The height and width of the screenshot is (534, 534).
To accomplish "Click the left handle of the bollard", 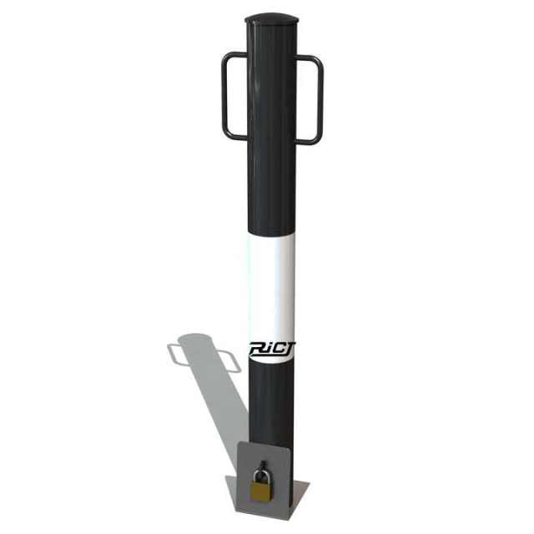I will coord(225,96).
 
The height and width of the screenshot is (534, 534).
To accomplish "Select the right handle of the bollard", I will coord(319,99).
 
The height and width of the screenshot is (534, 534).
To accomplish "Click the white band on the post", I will coord(272,284).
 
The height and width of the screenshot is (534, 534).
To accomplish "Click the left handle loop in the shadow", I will coord(176,355).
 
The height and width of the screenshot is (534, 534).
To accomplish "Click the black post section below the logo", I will coord(272,400).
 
